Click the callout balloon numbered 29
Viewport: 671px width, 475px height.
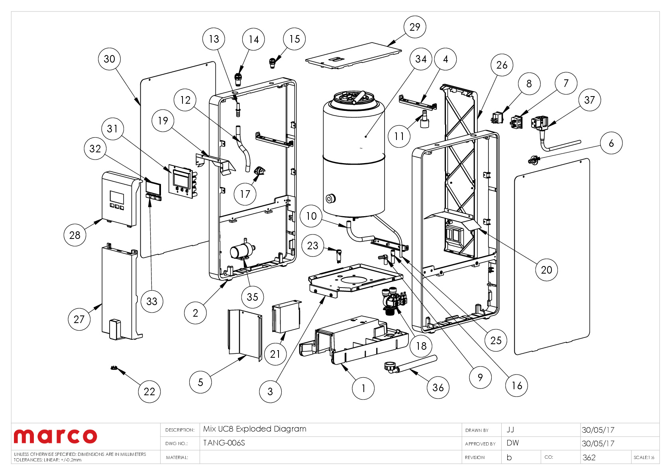[415, 27]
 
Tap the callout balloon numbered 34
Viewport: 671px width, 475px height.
[421, 59]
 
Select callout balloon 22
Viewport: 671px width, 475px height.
[149, 392]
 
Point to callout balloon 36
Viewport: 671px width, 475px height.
[438, 387]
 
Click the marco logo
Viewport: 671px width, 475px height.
[55, 436]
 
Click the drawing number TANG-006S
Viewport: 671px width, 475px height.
[224, 443]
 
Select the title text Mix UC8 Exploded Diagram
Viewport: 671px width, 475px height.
[255, 429]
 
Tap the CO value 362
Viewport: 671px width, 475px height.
[589, 457]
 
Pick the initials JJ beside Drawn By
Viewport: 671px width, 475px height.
[510, 430]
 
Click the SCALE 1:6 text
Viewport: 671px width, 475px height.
[644, 457]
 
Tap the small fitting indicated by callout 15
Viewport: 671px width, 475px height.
[273, 62]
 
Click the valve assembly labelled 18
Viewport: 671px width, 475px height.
[394, 301]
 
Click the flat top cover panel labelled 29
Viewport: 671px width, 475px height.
[353, 56]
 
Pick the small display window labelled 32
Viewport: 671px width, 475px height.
[153, 187]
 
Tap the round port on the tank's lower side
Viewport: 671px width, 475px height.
[330, 198]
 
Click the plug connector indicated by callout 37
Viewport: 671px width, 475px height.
[540, 122]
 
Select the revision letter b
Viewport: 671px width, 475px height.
[509, 457]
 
